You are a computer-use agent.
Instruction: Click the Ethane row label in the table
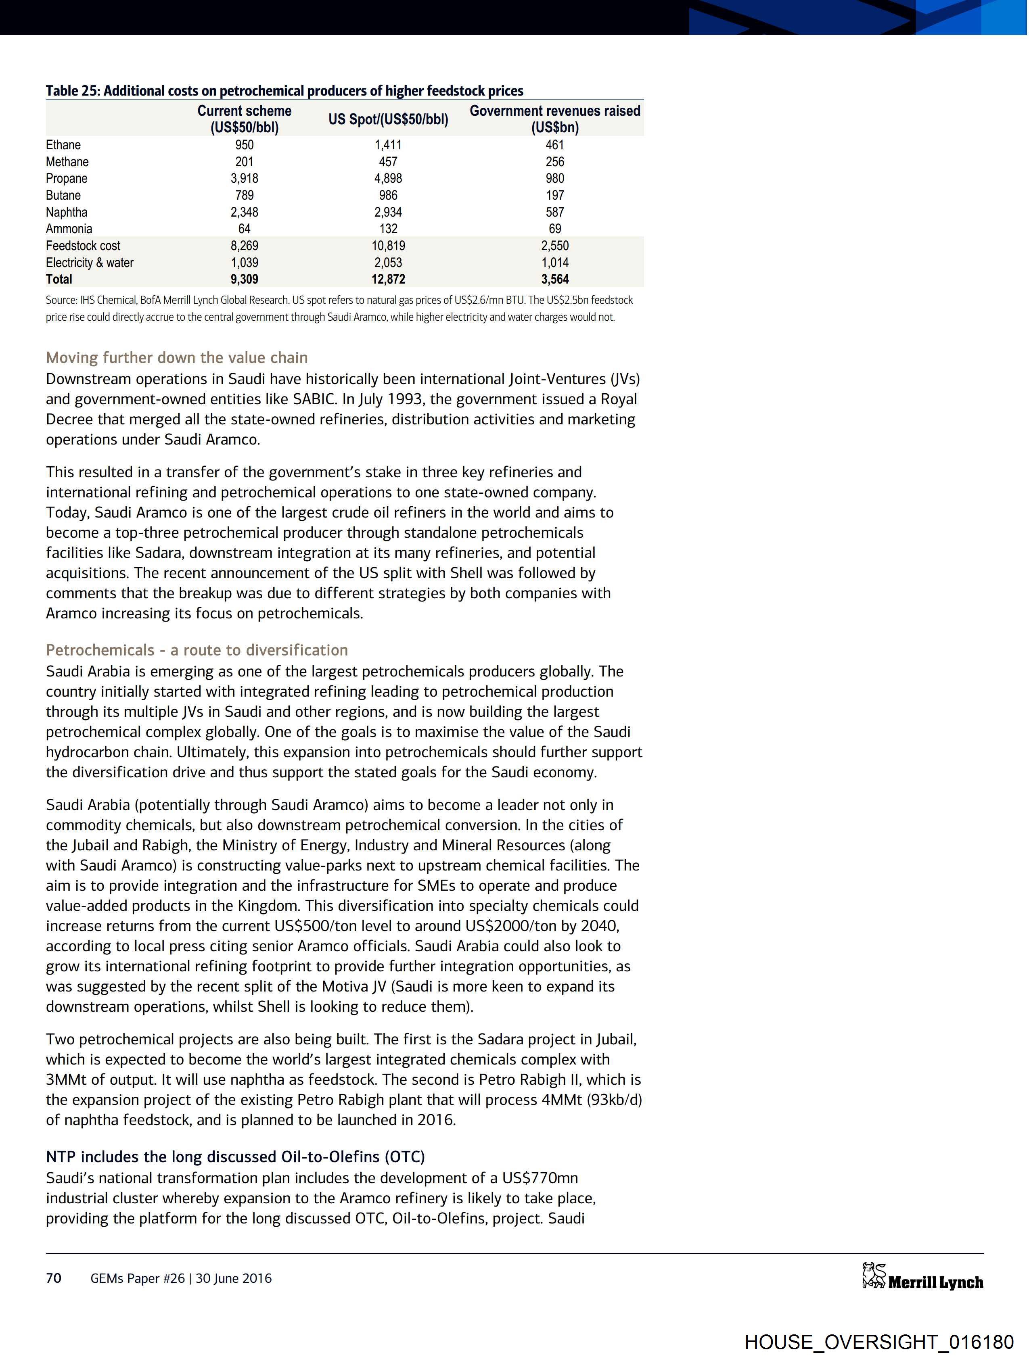tap(63, 145)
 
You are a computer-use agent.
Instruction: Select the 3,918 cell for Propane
tap(244, 178)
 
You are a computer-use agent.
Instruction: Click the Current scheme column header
tap(244, 119)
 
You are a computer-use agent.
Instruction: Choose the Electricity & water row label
tap(90, 262)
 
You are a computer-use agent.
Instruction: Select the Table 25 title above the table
tap(284, 91)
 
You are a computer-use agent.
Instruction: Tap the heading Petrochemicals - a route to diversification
tap(197, 650)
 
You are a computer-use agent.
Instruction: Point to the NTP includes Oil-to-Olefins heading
tap(235, 1157)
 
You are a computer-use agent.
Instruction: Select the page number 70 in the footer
tap(54, 1278)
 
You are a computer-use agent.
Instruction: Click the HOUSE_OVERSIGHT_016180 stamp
tap(879, 1341)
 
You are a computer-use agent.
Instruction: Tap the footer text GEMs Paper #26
tap(138, 1278)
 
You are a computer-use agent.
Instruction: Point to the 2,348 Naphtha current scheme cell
tap(244, 212)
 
